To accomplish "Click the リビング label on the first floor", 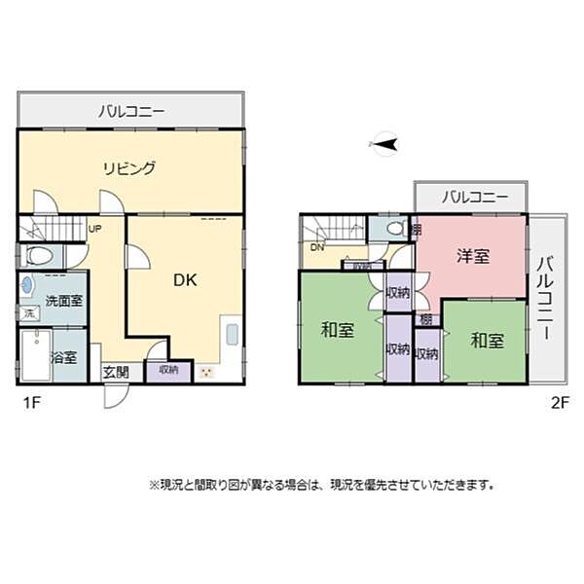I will [x=129, y=167].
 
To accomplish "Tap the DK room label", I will [x=185, y=280].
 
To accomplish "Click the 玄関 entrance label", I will [x=116, y=371].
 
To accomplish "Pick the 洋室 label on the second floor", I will [x=473, y=256].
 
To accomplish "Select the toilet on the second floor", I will [x=395, y=229].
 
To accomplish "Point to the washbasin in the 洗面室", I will [x=27, y=287].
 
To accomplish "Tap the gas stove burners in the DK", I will [x=205, y=371].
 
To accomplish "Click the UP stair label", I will [x=94, y=230].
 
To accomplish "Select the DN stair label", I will [x=316, y=247].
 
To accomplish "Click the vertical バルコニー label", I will [x=546, y=298].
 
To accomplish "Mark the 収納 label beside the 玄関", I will [x=168, y=370].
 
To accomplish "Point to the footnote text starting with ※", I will [x=322, y=484].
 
